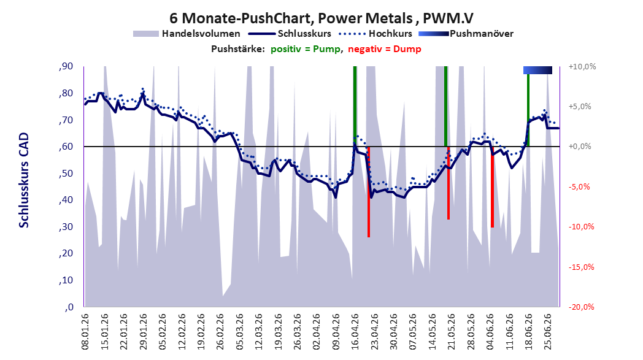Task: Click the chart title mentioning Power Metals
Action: (x=321, y=18)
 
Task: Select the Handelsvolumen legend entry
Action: (x=187, y=34)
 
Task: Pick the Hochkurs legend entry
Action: (x=375, y=34)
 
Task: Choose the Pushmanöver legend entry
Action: (x=466, y=34)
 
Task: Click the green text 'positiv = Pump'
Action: (x=306, y=49)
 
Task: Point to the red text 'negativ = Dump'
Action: (x=385, y=49)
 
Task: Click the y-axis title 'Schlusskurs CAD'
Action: (x=24, y=180)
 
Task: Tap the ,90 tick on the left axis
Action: (x=66, y=66)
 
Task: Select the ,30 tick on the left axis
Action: (x=66, y=227)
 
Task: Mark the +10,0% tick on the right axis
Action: (x=582, y=66)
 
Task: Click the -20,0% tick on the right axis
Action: (x=582, y=307)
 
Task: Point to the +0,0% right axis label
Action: (x=580, y=147)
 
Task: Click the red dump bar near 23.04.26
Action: (x=369, y=192)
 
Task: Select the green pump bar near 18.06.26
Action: (x=528, y=110)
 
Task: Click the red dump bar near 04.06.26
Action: (x=492, y=187)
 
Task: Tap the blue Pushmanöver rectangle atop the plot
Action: (x=537, y=70)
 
